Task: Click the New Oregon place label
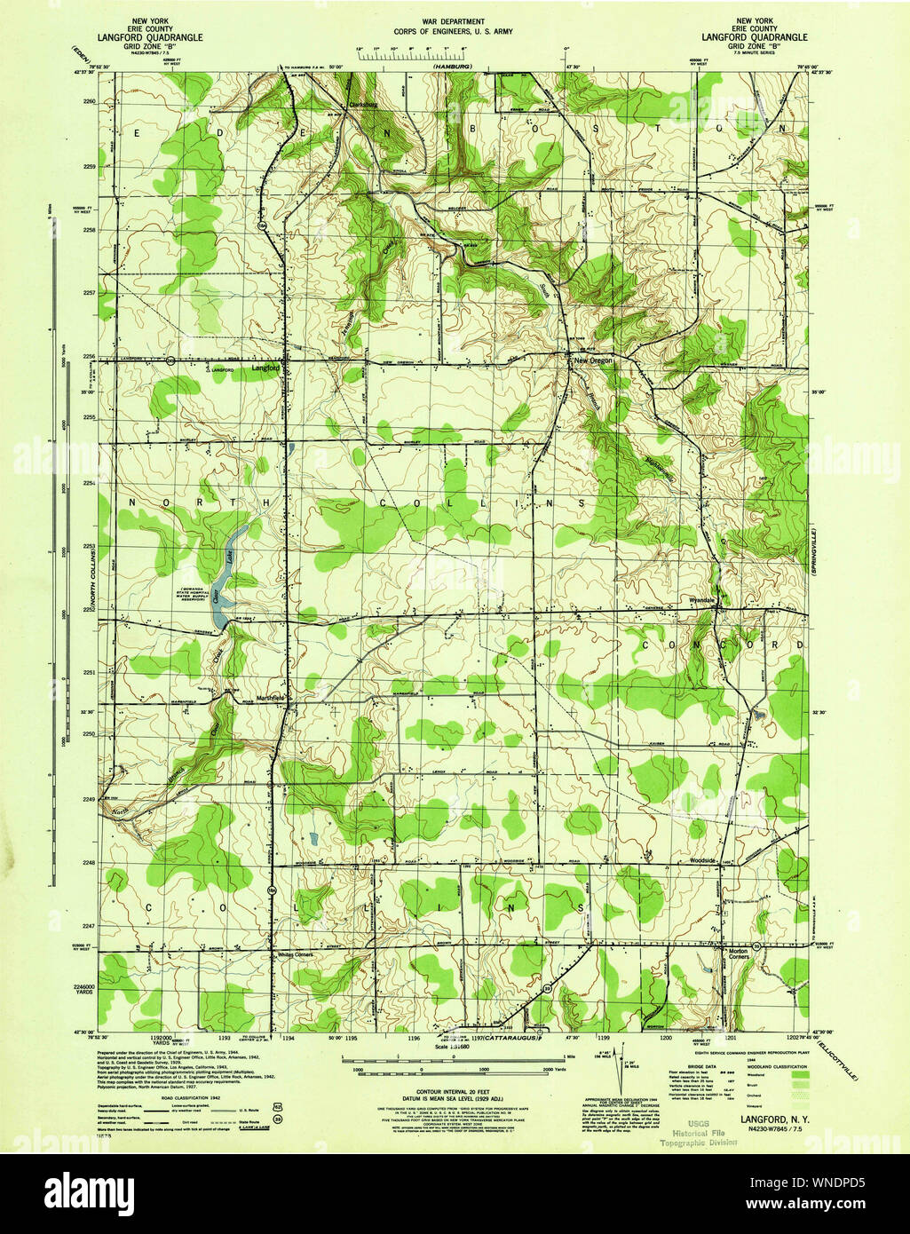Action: pyautogui.click(x=593, y=361)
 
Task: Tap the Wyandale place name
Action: pyautogui.click(x=702, y=601)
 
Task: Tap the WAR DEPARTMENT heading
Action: pyautogui.click(x=454, y=21)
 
